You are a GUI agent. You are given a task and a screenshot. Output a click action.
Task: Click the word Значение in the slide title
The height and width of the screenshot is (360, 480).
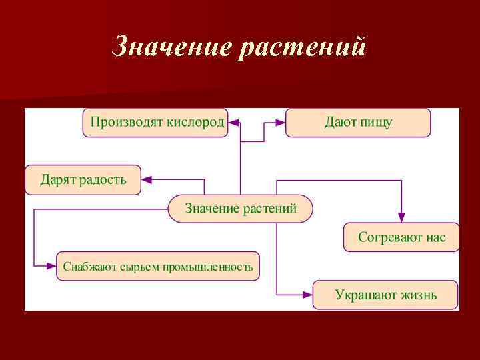click(173, 47)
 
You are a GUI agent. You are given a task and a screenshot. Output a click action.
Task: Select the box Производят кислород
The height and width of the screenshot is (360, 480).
click(155, 123)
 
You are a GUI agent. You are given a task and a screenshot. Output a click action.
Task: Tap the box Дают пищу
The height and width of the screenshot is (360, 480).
click(358, 123)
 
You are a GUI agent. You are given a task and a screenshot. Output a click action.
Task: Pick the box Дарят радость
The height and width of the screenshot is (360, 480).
click(83, 179)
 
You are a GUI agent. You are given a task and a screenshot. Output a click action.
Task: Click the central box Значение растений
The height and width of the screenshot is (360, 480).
click(240, 209)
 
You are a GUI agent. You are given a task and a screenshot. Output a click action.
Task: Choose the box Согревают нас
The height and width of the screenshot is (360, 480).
click(401, 237)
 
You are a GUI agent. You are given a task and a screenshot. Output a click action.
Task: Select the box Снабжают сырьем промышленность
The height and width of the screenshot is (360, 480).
click(158, 267)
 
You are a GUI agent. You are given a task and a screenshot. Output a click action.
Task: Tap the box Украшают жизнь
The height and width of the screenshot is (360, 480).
click(386, 295)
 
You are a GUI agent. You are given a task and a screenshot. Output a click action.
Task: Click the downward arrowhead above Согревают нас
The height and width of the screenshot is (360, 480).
click(401, 217)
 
